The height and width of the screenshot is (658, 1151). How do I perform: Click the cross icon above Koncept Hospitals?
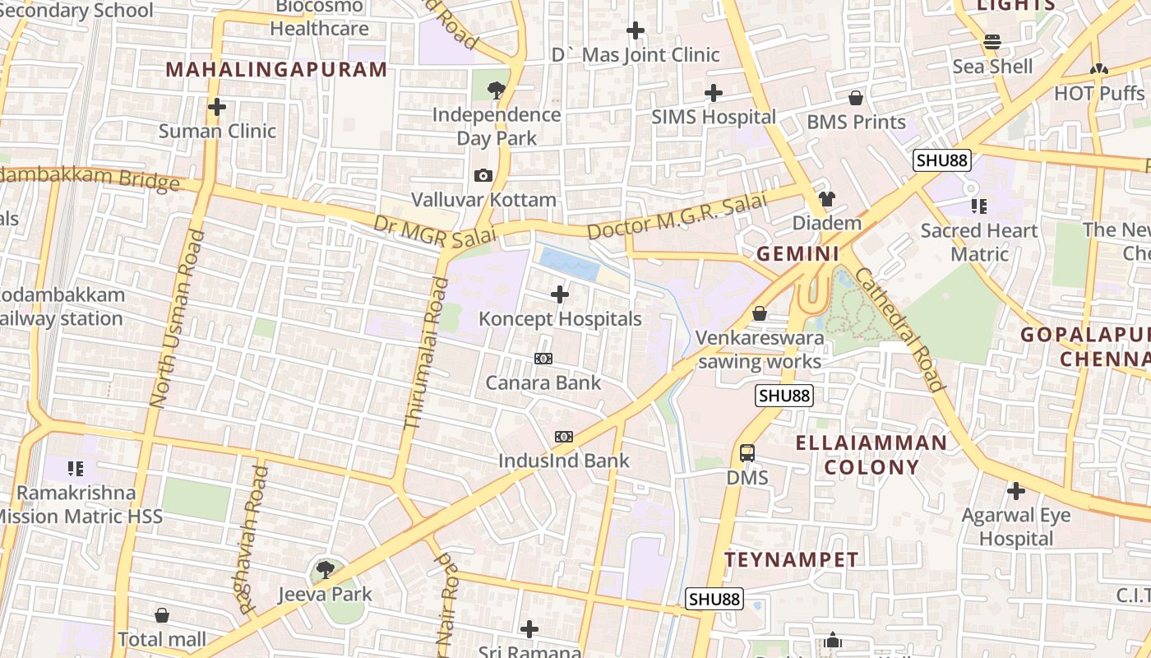560,294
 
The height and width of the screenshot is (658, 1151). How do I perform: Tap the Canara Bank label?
543,382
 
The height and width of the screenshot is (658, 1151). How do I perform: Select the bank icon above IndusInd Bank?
563,437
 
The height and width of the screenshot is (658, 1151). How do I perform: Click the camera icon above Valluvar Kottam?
483,175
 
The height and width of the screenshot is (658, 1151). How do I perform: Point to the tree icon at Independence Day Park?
496,90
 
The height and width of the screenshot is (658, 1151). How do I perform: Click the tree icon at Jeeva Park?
326,569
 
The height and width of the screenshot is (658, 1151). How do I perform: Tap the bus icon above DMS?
747,453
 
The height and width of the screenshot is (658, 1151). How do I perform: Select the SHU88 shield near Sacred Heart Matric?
942,160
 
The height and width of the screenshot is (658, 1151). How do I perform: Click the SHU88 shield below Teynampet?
714,599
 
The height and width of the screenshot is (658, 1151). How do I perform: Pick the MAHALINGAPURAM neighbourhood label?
276,69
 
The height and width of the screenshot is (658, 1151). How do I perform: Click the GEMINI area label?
797,253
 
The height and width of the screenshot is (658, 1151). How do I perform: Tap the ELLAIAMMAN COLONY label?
871,455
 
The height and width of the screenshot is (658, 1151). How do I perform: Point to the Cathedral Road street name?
900,328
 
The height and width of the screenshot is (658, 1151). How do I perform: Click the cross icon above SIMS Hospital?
714,93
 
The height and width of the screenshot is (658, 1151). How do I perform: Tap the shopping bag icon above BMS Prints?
856,98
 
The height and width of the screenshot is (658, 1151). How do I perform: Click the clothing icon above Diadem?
826,199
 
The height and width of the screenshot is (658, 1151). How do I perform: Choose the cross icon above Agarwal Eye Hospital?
1016,492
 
